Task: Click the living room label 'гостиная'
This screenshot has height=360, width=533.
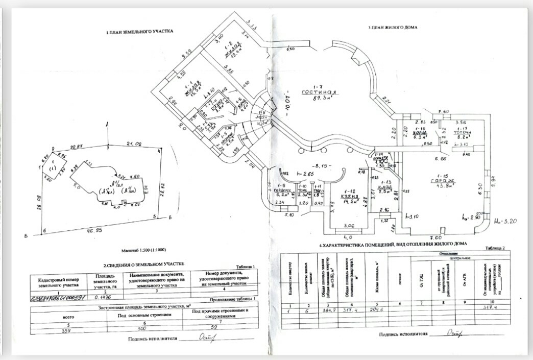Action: [x=317, y=92]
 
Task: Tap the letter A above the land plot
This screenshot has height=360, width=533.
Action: [x=107, y=124]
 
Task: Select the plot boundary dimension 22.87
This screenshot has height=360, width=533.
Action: [x=77, y=146]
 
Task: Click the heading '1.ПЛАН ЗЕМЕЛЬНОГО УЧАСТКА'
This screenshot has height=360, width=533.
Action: [x=139, y=32]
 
